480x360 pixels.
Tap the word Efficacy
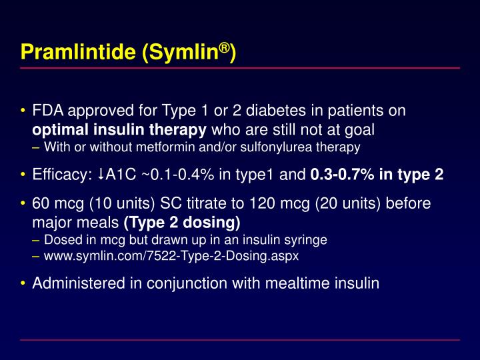click(x=59, y=175)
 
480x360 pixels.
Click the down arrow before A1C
click(x=100, y=175)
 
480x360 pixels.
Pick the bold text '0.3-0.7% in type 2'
click(x=377, y=175)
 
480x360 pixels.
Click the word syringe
click(x=308, y=239)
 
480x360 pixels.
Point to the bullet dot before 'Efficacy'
click(x=23, y=175)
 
